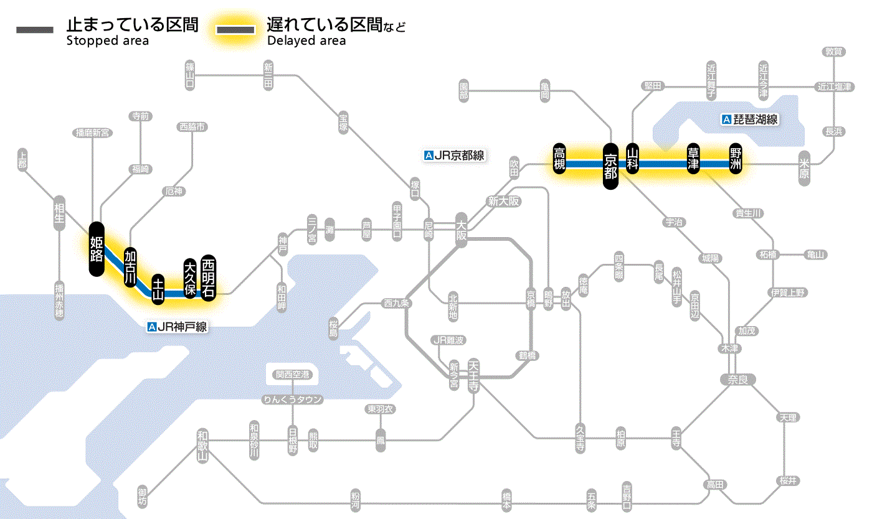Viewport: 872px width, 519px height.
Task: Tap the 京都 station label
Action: pos(610,166)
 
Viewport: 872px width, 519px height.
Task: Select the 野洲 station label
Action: pos(736,159)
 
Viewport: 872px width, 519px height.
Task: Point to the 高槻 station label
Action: pos(560,159)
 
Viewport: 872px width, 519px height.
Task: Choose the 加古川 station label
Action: pos(130,267)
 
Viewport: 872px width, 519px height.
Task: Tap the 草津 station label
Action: pos(693,159)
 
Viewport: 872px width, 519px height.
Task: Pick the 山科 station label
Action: pos(633,159)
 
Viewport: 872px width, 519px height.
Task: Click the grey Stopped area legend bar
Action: pos(36,30)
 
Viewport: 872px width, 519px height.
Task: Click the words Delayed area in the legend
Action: pos(306,41)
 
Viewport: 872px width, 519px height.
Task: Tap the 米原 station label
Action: pos(805,168)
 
